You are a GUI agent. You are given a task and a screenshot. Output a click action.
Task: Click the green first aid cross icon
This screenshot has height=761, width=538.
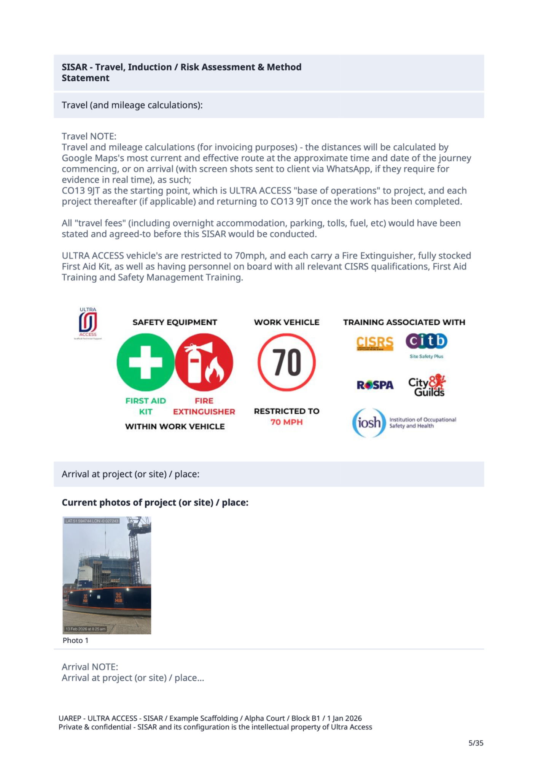(x=145, y=362)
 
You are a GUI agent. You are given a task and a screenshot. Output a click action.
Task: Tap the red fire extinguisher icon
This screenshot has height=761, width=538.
(x=204, y=362)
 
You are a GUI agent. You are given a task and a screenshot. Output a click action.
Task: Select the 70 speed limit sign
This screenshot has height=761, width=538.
(x=287, y=362)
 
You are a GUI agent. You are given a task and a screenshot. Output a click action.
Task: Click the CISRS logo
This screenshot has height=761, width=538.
(x=375, y=343)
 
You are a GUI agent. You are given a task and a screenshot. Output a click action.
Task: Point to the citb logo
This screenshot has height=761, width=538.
(x=427, y=341)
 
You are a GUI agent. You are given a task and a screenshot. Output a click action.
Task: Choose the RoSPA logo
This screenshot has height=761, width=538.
(x=375, y=385)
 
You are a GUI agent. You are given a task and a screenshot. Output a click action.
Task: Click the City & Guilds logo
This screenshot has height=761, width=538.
(x=427, y=385)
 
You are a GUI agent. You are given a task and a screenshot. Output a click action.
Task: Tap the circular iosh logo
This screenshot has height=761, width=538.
(x=369, y=422)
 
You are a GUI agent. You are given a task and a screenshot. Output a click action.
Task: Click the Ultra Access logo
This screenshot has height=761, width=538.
(x=88, y=323)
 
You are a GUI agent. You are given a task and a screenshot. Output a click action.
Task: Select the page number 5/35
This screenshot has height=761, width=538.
(x=476, y=743)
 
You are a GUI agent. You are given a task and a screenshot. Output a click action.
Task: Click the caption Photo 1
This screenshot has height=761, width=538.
(x=75, y=640)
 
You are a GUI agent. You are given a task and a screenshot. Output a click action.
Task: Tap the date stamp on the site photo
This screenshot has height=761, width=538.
(x=86, y=629)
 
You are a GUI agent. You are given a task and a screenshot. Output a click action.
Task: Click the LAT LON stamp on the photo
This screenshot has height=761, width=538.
(x=92, y=521)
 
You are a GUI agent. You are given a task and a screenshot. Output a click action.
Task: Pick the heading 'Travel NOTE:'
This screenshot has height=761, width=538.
(x=89, y=136)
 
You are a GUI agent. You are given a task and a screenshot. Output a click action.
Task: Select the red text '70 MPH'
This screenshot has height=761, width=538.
(x=287, y=422)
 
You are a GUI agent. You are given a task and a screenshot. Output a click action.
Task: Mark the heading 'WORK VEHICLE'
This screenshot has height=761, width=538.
(x=287, y=322)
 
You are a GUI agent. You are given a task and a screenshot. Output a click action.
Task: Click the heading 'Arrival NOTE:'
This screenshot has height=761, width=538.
(x=90, y=667)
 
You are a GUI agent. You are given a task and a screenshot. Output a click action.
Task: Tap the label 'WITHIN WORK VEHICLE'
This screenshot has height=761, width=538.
(x=175, y=427)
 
